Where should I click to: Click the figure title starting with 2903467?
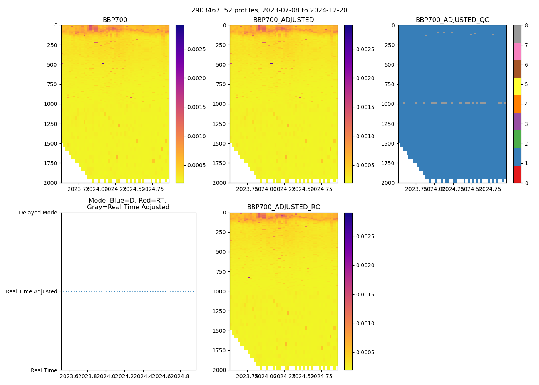(269, 10)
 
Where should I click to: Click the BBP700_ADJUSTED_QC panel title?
(452, 20)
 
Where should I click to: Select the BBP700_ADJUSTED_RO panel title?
(284, 207)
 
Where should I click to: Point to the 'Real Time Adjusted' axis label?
(31, 291)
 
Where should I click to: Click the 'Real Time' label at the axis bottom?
(44, 370)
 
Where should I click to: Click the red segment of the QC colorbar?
(517, 174)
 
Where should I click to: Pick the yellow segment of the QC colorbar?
(517, 86)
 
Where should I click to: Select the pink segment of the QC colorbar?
(517, 51)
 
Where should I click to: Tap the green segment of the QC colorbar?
(517, 139)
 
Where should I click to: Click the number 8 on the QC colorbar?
(526, 25)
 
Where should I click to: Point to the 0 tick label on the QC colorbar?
(526, 183)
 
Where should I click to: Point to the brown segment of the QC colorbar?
(517, 69)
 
